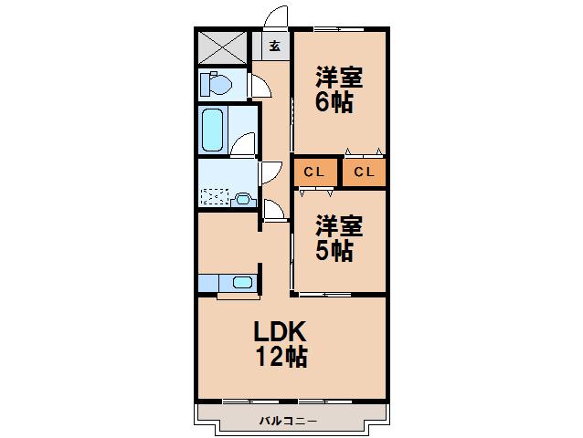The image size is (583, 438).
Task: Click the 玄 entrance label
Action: point(275,46)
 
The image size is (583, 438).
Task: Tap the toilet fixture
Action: point(216,84)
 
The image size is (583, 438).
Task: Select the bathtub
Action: point(212,130)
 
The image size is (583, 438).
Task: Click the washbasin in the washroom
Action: point(244,200)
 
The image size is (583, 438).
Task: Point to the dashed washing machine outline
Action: point(214,197)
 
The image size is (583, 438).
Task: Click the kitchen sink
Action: point(242,283)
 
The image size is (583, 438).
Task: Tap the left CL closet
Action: point(315,172)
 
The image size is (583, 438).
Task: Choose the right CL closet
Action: point(364,172)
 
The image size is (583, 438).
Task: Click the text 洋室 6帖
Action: point(339,89)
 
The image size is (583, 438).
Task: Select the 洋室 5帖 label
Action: point(339,238)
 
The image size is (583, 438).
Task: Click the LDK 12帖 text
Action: point(281,343)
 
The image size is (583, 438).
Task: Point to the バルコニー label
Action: point(288,421)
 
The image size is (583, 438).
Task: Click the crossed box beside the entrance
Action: point(222,47)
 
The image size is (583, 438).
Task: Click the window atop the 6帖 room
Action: point(339,28)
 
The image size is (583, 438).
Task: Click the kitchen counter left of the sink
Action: point(208,283)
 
